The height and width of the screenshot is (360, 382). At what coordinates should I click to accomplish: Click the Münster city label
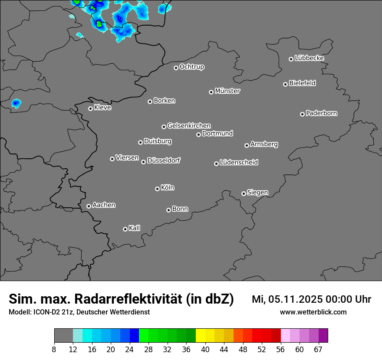tap(227, 91)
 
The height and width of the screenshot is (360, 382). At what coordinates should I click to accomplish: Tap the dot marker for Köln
tap(157, 189)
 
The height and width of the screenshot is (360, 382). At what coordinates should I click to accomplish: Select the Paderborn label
tap(322, 113)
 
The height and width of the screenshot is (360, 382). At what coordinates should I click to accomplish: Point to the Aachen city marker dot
tap(89, 206)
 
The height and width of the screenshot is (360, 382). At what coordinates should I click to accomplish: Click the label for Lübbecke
tap(309, 58)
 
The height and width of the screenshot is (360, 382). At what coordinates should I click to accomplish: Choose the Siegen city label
tap(257, 193)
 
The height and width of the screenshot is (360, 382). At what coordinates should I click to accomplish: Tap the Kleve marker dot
tap(90, 108)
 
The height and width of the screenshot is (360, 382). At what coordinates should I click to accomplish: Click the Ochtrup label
tap(192, 67)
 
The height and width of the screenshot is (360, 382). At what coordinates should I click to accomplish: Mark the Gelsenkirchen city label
tap(189, 126)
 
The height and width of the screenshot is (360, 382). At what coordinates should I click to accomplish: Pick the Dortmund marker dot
tap(198, 134)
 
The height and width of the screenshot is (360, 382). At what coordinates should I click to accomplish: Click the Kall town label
tap(135, 228)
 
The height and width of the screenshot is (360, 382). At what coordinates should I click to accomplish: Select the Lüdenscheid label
tap(239, 163)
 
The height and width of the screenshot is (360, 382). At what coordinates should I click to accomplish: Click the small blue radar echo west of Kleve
tap(16, 104)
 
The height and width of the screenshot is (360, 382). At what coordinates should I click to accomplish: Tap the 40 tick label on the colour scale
tap(205, 350)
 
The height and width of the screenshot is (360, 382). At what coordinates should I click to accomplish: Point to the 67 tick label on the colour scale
tap(318, 350)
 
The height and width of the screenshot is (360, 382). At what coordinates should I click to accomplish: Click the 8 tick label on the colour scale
tap(54, 350)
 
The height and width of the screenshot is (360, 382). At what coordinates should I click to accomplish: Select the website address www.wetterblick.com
tap(313, 312)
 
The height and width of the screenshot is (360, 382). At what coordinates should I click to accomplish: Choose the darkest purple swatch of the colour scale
tap(323, 335)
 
